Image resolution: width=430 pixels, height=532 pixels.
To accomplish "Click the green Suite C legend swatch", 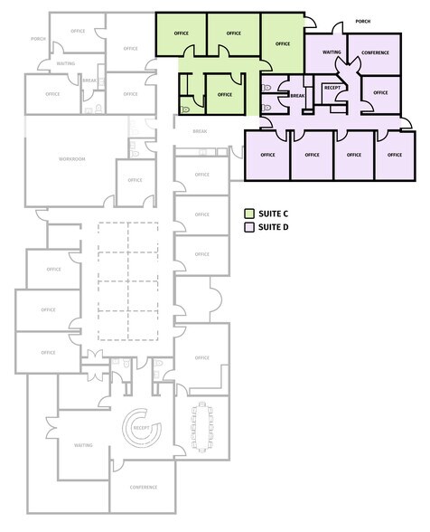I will [x=250, y=214].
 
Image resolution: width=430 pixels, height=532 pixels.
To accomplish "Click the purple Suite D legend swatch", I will [x=250, y=227].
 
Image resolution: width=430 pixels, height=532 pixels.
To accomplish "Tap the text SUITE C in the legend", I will [x=274, y=214].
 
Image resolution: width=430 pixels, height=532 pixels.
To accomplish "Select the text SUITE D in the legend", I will [x=274, y=227].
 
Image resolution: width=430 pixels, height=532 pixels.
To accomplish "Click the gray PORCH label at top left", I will [x=38, y=39].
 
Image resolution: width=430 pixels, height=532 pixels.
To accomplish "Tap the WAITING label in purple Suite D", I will [x=332, y=52].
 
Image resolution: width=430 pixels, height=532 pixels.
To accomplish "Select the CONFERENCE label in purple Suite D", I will [x=375, y=52].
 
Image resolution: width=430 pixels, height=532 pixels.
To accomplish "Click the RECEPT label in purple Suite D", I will [x=332, y=89].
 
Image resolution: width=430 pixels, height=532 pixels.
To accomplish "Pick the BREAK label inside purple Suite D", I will [x=297, y=95].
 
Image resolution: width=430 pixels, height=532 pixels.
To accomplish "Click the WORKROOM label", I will [x=71, y=158].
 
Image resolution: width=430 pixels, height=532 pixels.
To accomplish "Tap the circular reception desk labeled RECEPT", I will [x=140, y=428].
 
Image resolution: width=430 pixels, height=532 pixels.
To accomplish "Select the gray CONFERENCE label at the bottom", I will [x=142, y=488].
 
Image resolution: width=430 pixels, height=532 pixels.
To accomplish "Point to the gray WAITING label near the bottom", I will [x=84, y=445].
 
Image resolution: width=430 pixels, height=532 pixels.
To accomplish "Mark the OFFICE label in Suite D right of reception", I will [x=380, y=92].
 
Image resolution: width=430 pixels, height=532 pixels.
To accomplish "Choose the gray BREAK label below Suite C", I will [x=200, y=131].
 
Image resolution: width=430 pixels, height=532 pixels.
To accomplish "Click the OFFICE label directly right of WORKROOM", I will [x=135, y=180].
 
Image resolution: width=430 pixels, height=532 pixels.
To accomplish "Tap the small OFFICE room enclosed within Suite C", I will [x=224, y=93].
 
